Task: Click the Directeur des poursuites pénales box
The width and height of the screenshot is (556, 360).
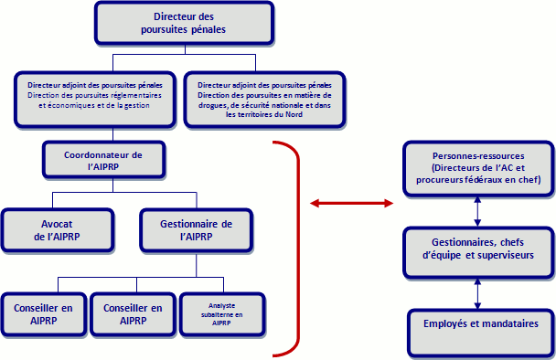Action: click(x=184, y=23)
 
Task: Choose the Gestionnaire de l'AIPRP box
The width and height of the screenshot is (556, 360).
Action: click(x=195, y=229)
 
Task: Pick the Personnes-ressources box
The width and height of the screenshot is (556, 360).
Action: click(x=477, y=167)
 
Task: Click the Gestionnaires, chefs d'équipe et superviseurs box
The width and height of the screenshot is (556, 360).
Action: click(x=477, y=249)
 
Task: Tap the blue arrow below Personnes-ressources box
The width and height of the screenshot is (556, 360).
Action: click(x=477, y=209)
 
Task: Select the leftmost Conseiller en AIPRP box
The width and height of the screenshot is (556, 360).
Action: click(x=43, y=315)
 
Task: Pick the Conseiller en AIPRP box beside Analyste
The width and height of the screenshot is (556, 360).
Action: click(x=134, y=315)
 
